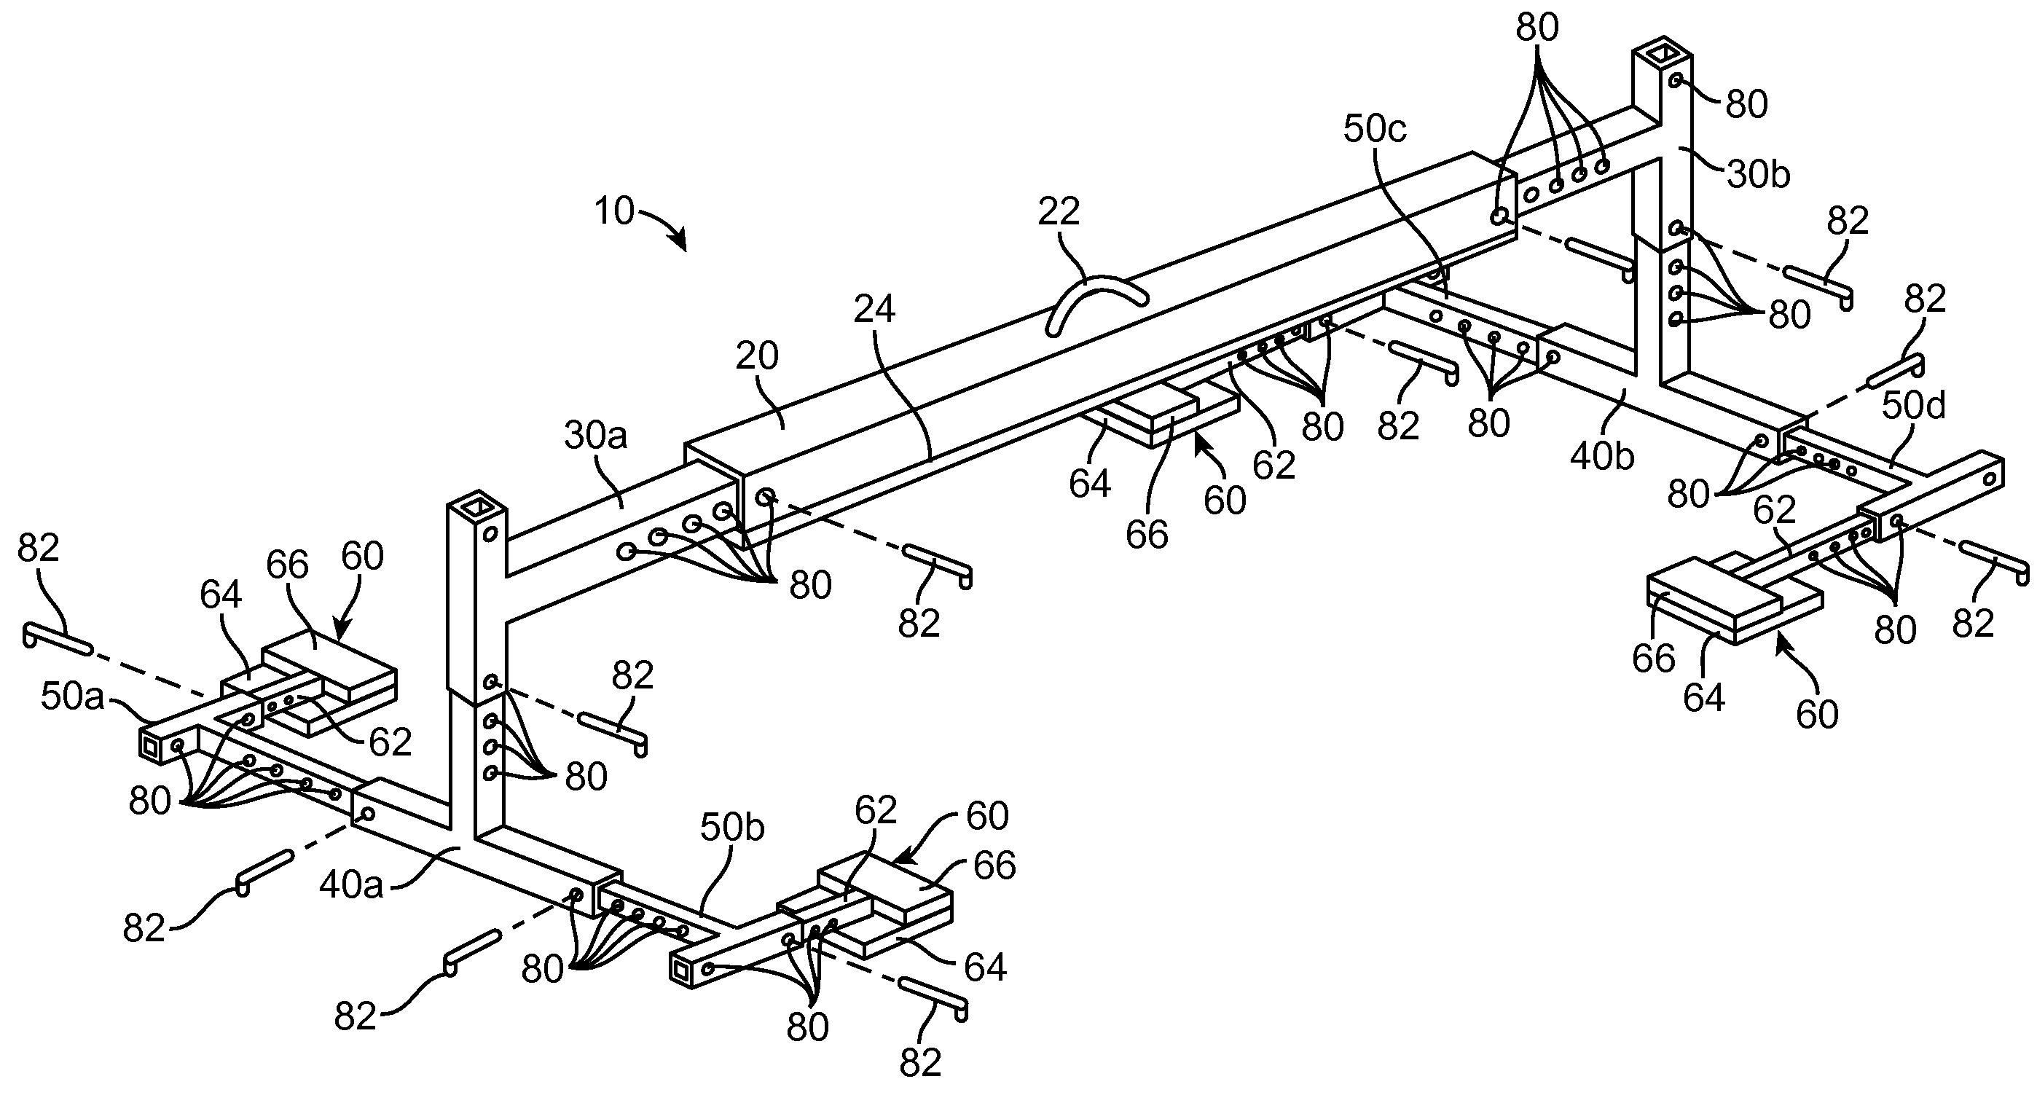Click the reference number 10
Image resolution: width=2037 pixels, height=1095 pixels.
(x=614, y=211)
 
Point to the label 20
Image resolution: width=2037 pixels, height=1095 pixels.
(x=757, y=356)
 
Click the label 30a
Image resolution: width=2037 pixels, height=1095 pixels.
(x=595, y=435)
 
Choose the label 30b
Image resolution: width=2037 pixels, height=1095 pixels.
(x=1758, y=175)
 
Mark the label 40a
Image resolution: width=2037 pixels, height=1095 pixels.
(x=351, y=885)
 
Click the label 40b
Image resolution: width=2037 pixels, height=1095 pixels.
(x=1602, y=457)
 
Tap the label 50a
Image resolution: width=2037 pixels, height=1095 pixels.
(x=73, y=698)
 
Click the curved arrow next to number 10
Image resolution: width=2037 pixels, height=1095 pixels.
(x=663, y=225)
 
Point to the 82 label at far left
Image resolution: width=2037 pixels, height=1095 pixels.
(x=38, y=548)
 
